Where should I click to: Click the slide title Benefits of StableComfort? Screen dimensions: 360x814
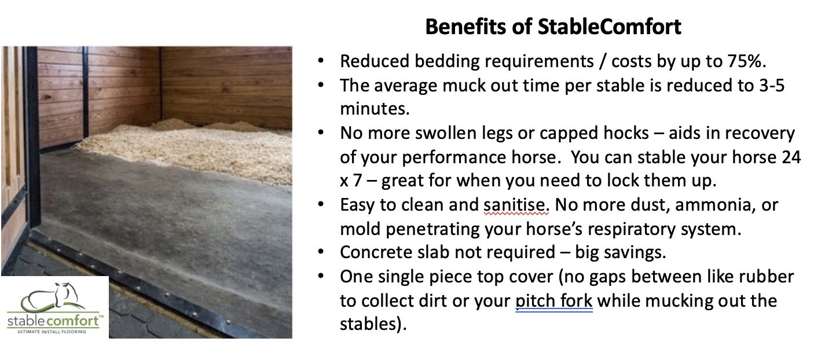pos(553,27)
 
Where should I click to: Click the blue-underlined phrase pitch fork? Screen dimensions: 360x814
pos(554,300)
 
